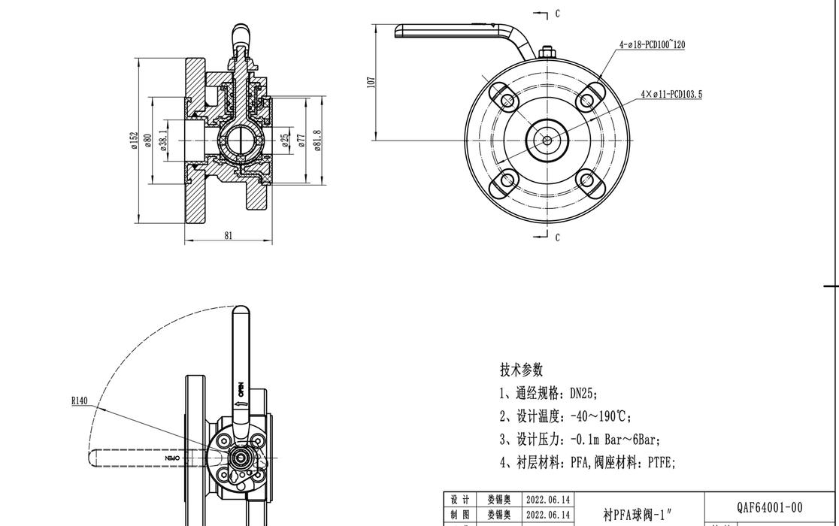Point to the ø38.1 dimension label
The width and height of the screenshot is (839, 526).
[163, 140]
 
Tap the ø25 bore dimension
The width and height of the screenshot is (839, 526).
[285, 140]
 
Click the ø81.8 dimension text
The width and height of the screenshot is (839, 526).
[318, 140]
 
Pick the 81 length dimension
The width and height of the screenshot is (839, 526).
[229, 235]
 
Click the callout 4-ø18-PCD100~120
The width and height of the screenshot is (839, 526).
[652, 44]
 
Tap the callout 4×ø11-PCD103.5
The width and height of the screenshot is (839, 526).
[671, 95]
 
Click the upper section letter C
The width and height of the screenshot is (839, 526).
[557, 14]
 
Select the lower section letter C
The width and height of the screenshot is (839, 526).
[557, 237]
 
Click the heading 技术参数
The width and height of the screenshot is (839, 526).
[521, 370]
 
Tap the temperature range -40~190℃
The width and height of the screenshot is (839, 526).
[601, 416]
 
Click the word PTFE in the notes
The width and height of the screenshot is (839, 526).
[661, 463]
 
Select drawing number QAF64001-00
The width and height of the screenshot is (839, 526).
[770, 507]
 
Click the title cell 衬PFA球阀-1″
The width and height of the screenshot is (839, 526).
[638, 515]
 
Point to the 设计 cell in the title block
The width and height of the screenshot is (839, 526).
[459, 500]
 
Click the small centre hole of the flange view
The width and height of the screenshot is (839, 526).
[547, 140]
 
